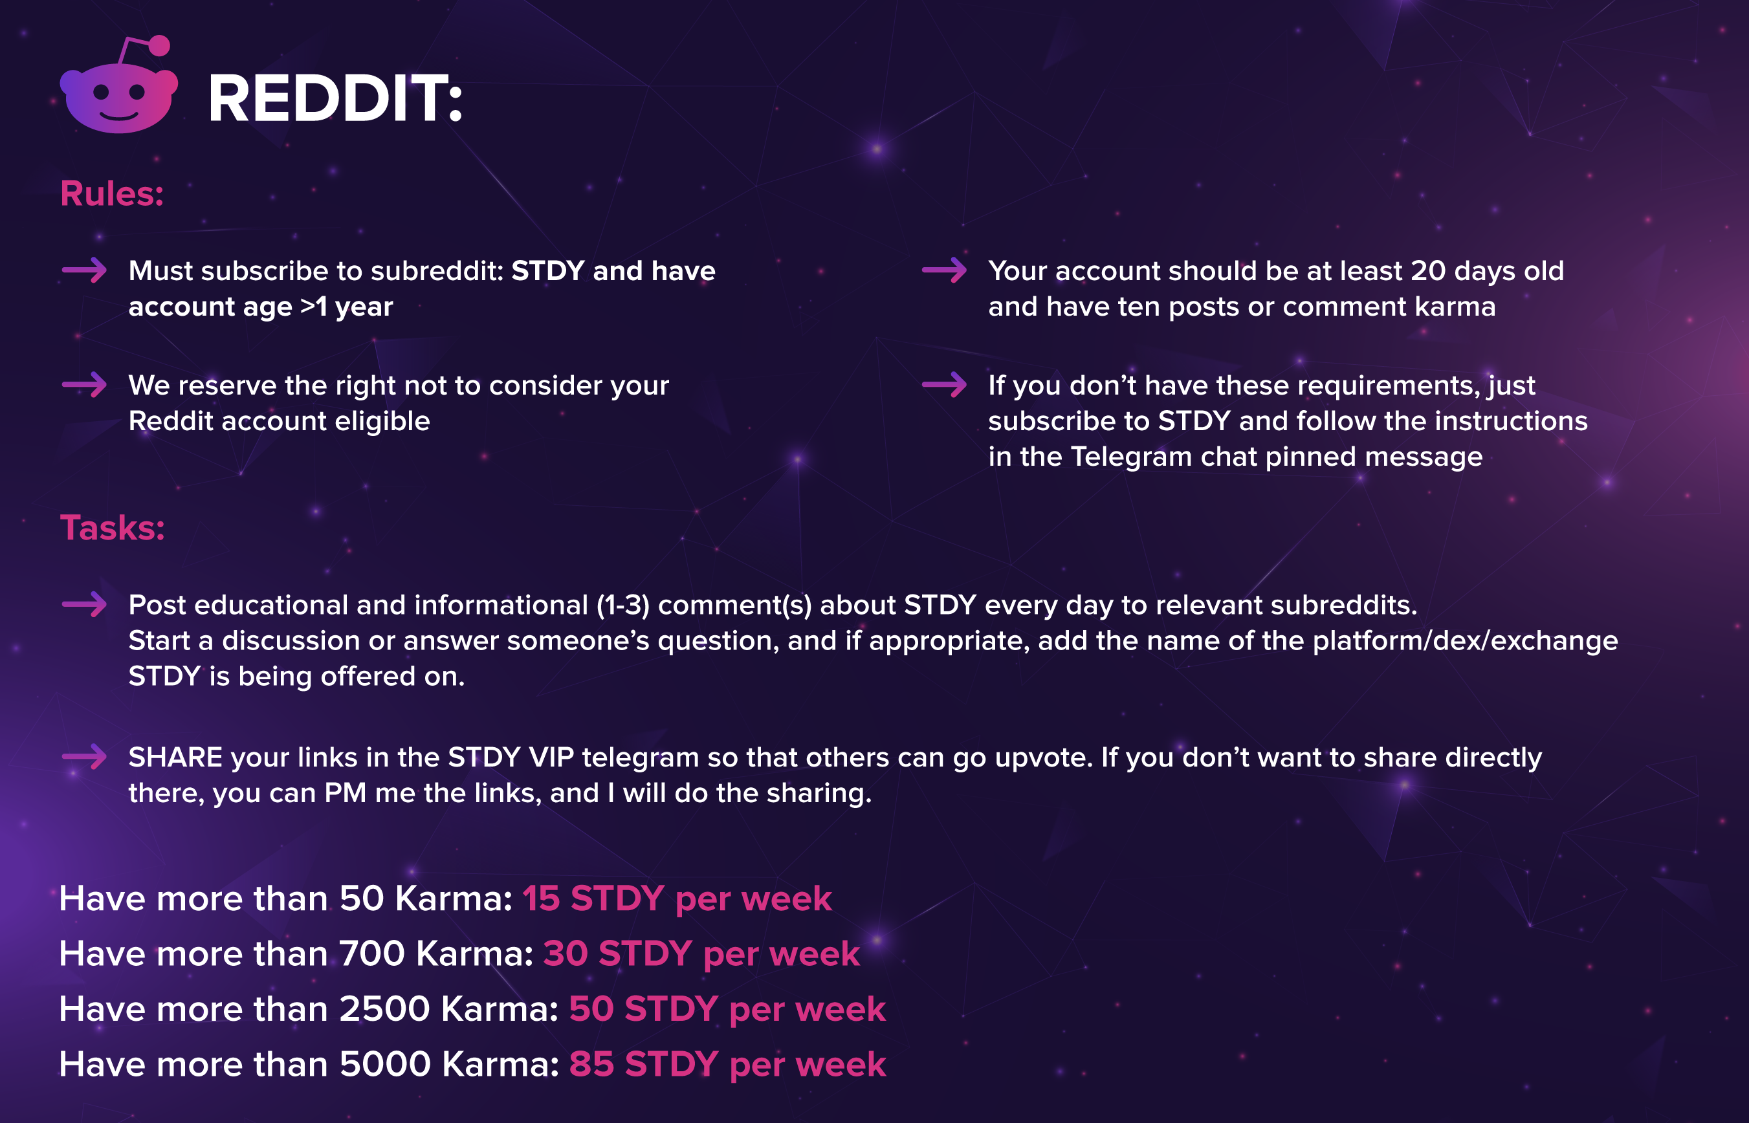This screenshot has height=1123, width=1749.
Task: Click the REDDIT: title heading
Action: point(336,98)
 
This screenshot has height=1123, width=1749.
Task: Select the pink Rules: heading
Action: point(111,193)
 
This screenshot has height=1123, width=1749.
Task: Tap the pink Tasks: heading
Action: point(113,527)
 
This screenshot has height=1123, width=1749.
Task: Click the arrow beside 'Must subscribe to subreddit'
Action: point(85,270)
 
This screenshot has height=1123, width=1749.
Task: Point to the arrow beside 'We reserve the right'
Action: point(85,384)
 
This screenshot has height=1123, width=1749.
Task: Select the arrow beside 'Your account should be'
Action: point(945,270)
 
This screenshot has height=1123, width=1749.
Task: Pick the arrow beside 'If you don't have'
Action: point(945,384)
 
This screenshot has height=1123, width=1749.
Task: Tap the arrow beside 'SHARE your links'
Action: point(85,756)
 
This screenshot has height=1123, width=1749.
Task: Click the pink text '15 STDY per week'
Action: point(677,899)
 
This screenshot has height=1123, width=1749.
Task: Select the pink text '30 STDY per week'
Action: point(701,954)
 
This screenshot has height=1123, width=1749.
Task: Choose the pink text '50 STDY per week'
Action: point(727,1009)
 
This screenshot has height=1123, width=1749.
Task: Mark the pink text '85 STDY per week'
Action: point(728,1065)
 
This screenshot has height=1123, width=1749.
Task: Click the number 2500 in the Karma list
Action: point(384,1009)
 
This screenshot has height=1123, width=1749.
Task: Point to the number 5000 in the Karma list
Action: point(385,1065)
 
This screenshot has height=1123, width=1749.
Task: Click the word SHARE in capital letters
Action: point(176,757)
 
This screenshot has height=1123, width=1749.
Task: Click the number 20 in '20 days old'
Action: point(1428,270)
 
